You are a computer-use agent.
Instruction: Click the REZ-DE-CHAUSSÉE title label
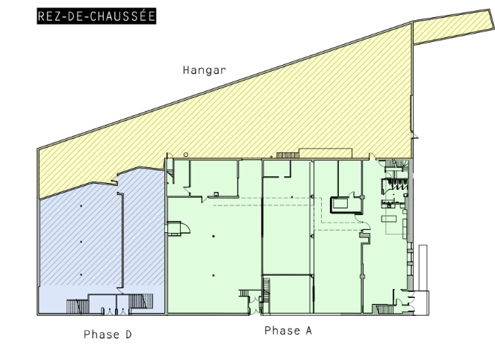pos(96,16)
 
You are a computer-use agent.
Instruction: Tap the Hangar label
pos(205,69)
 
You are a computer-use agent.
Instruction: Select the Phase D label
pos(108,334)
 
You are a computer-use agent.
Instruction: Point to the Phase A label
pos(288,330)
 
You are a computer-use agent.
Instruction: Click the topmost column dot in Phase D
pos(81,206)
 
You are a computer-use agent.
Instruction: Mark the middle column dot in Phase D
pos(81,241)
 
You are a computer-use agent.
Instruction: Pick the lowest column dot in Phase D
pos(81,274)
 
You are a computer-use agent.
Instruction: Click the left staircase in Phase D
pos(78,306)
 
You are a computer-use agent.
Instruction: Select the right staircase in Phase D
pos(141,301)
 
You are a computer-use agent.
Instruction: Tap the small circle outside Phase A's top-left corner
pos(186,155)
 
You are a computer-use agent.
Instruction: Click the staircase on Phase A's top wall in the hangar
pos(287,155)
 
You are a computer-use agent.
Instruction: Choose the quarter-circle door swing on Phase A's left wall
pos(186,228)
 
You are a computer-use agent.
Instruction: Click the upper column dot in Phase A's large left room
pos(214,236)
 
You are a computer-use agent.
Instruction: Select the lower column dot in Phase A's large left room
pos(214,276)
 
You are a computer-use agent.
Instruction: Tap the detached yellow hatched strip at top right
pos(453,27)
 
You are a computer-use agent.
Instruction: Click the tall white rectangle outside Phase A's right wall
pos(423,267)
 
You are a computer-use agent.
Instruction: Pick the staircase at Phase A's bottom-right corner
pos(383,309)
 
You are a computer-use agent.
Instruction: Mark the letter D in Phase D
pos(128,334)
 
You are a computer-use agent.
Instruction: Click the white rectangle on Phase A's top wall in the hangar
pos(326,153)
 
